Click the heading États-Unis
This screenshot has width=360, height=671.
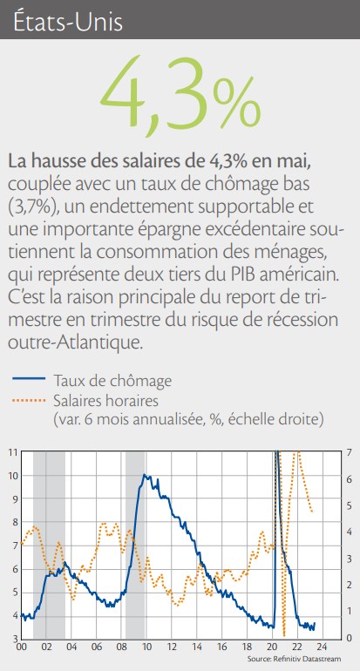coord(68,23)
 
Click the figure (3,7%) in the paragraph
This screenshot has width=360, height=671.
coord(31,208)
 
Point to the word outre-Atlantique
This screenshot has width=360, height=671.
coord(74,343)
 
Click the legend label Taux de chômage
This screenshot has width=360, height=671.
coord(113,380)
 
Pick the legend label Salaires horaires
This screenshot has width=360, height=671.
coord(106,401)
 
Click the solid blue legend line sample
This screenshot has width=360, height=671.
coord(29,379)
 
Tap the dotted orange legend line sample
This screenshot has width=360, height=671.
coord(29,401)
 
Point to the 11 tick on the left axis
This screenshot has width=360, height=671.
coord(12,452)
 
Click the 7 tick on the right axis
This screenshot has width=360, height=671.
coord(350,452)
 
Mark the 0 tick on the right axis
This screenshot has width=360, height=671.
coord(350,638)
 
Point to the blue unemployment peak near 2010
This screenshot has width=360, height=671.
coord(145,475)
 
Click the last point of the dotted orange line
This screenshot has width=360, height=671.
coord(312,512)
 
